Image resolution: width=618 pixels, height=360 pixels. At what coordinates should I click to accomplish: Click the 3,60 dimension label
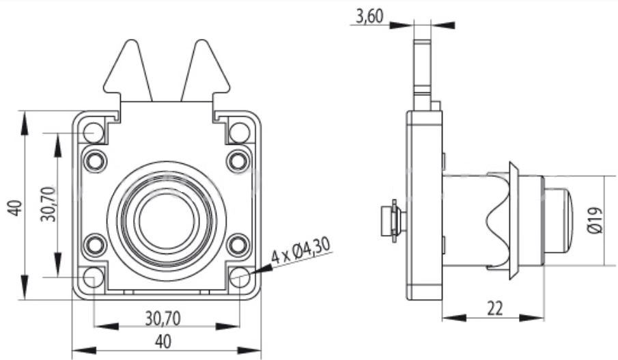coord(369,16)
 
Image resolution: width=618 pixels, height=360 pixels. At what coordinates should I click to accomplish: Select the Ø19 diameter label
coord(595,221)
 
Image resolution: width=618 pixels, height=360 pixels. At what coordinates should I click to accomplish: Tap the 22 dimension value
coord(494,308)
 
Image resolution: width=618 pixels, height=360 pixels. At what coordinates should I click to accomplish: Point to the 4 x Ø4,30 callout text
coord(300,251)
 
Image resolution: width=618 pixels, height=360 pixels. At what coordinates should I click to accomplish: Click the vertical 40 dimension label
coord(15,208)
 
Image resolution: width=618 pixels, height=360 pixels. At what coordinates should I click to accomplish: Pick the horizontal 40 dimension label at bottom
coord(163,342)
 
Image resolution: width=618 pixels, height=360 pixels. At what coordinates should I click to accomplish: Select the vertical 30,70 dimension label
coord(49,204)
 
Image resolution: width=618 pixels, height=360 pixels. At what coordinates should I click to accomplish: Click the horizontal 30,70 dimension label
coord(163,318)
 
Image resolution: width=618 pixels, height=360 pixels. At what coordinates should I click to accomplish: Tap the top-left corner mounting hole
coord(94,133)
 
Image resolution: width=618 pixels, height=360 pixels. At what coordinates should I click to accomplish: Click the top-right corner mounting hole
coord(239,133)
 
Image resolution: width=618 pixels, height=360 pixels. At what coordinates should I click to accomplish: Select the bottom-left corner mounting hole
coord(94,277)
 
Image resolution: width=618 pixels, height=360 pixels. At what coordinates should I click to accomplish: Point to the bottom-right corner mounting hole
coord(239,277)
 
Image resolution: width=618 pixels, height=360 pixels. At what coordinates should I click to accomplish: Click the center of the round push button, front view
coord(167,220)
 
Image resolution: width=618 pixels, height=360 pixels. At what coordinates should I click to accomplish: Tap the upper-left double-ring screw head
coord(95,161)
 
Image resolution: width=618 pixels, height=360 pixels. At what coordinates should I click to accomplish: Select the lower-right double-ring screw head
coord(238,245)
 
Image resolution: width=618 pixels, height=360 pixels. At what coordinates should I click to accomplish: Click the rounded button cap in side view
coord(558,221)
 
